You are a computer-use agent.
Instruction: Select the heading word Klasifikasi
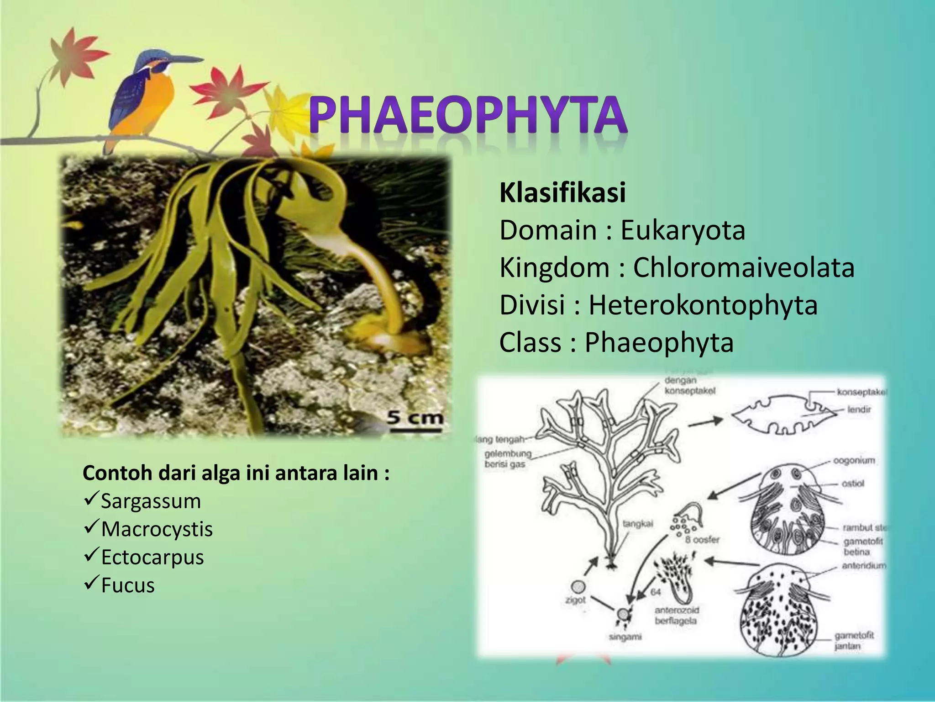562,193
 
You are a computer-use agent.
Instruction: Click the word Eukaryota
683,230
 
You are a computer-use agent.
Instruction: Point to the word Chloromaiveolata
743,268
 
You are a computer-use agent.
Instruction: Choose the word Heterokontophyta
703,305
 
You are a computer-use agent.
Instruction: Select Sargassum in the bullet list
151,501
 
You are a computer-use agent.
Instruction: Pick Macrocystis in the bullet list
157,529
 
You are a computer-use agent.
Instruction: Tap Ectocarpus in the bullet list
152,557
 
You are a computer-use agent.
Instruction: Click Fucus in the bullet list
128,585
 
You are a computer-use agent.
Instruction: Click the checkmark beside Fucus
90,584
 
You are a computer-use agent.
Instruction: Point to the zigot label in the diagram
575,600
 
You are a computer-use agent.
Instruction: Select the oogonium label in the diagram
854,460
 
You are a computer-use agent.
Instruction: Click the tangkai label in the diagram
638,524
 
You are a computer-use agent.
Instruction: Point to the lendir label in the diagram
859,409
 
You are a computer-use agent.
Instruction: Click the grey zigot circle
578,586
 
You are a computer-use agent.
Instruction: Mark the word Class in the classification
530,343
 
